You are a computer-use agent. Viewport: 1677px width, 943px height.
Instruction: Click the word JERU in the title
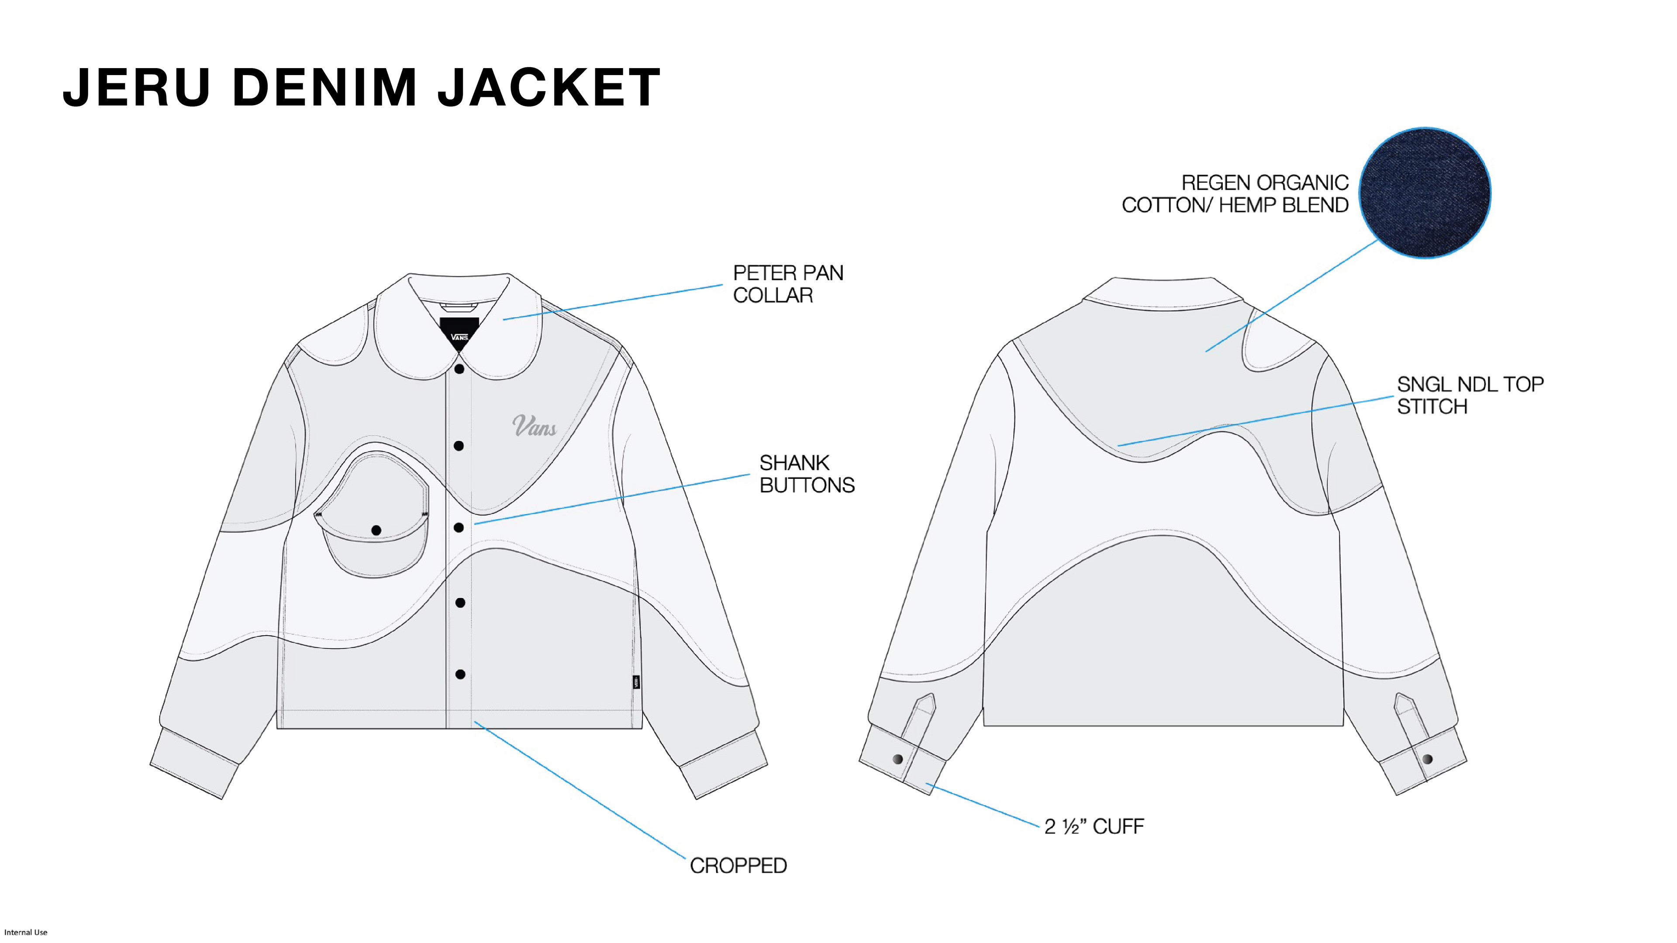click(x=137, y=87)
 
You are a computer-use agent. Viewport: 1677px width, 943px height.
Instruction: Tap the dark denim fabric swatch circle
click(x=1425, y=193)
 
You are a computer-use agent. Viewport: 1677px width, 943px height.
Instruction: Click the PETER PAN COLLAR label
click(x=788, y=284)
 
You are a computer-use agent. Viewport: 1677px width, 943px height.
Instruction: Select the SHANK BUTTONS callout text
click(x=807, y=474)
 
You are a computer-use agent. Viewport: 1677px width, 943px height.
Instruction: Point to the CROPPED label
click(x=738, y=866)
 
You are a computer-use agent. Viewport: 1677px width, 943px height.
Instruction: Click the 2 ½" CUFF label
click(x=1094, y=826)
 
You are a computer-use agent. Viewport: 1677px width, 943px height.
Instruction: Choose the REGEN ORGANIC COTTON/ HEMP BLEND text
click(x=1235, y=194)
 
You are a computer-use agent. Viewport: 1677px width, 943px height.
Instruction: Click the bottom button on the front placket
click(x=460, y=674)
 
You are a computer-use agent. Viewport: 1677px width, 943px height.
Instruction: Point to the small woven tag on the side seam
click(x=636, y=682)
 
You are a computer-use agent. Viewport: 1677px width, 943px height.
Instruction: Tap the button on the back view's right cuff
click(x=1428, y=759)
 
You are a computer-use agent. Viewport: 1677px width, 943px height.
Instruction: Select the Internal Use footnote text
click(x=26, y=932)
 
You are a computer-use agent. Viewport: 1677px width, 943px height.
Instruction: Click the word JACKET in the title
click(x=549, y=87)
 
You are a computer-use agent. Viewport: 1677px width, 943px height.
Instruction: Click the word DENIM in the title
click(x=324, y=87)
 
